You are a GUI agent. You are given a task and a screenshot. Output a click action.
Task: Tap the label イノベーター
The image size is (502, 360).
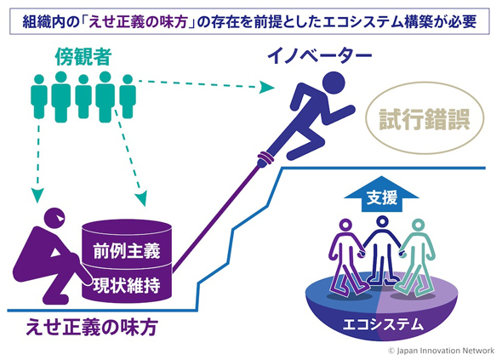[x=319, y=55]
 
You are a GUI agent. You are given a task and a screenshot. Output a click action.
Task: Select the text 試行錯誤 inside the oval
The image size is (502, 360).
[x=425, y=119]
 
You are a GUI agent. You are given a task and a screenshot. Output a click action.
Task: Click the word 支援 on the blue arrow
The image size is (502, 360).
[x=382, y=197]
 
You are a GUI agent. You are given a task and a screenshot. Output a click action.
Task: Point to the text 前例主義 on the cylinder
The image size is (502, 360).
[x=127, y=251]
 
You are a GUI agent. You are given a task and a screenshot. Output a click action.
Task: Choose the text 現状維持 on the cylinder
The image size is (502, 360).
[x=127, y=285]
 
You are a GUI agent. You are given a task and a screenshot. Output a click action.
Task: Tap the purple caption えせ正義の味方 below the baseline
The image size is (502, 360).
[x=92, y=327]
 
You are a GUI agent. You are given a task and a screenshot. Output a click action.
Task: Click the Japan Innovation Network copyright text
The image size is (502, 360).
[x=442, y=351]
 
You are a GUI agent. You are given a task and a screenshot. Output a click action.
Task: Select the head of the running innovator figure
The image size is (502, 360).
[x=334, y=83]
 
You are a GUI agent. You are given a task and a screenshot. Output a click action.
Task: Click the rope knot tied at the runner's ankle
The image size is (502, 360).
[x=265, y=157]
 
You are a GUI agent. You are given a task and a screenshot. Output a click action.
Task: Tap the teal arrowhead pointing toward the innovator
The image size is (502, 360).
[x=266, y=87]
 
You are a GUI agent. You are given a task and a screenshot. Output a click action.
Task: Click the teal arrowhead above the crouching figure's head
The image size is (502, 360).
[x=37, y=195]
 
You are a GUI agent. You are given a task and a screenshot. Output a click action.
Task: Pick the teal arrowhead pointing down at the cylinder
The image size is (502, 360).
[x=141, y=198]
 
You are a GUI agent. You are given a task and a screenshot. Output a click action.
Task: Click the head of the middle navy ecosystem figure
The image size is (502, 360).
[x=382, y=221]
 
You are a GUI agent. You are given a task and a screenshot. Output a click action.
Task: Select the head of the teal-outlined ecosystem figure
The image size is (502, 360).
[x=418, y=225]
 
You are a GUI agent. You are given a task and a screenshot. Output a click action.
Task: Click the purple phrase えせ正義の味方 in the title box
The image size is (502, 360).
[x=138, y=22]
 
